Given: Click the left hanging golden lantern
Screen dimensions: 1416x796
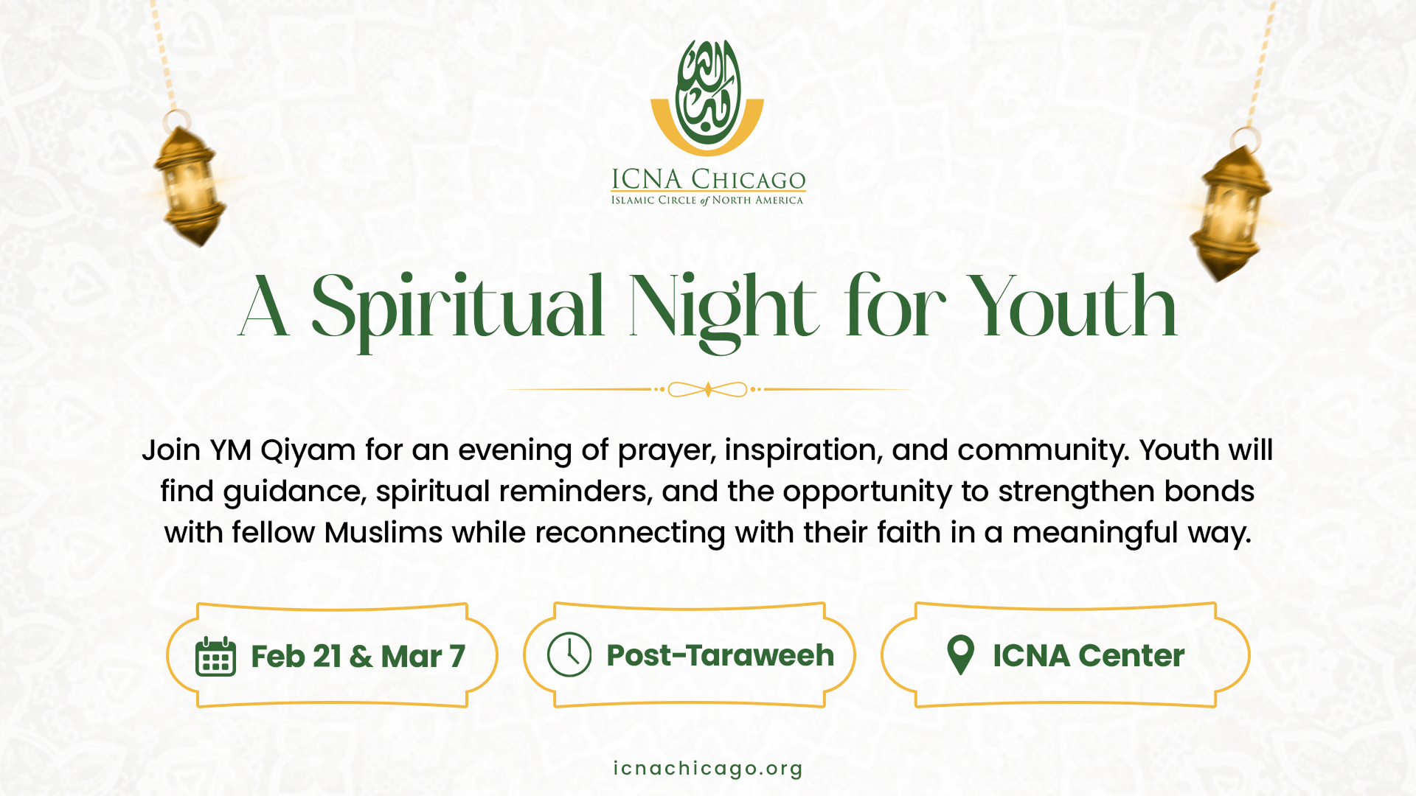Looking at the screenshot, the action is tap(189, 184).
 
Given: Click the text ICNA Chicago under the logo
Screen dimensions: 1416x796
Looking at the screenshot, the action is tap(708, 179).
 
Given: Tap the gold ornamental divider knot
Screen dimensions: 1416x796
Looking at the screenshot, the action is tap(708, 389).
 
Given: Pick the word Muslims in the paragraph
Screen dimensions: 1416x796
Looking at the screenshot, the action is tap(383, 532).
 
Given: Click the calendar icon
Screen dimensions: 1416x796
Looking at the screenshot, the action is tap(215, 656).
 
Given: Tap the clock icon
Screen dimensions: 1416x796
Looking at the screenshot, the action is tap(569, 654).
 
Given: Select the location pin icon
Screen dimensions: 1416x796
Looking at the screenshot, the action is tap(960, 654).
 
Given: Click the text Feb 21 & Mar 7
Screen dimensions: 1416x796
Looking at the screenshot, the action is tap(358, 656).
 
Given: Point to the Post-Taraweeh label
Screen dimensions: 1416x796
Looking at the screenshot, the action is tap(720, 655).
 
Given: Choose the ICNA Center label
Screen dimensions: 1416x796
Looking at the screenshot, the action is tap(1089, 655).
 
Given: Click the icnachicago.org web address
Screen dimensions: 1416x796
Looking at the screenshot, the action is tap(708, 769).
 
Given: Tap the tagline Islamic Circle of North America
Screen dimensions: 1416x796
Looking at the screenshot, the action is tap(707, 200).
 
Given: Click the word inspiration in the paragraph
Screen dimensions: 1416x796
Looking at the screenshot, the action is tap(800, 451).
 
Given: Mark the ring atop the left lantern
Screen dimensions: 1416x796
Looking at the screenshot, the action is tap(177, 121).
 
